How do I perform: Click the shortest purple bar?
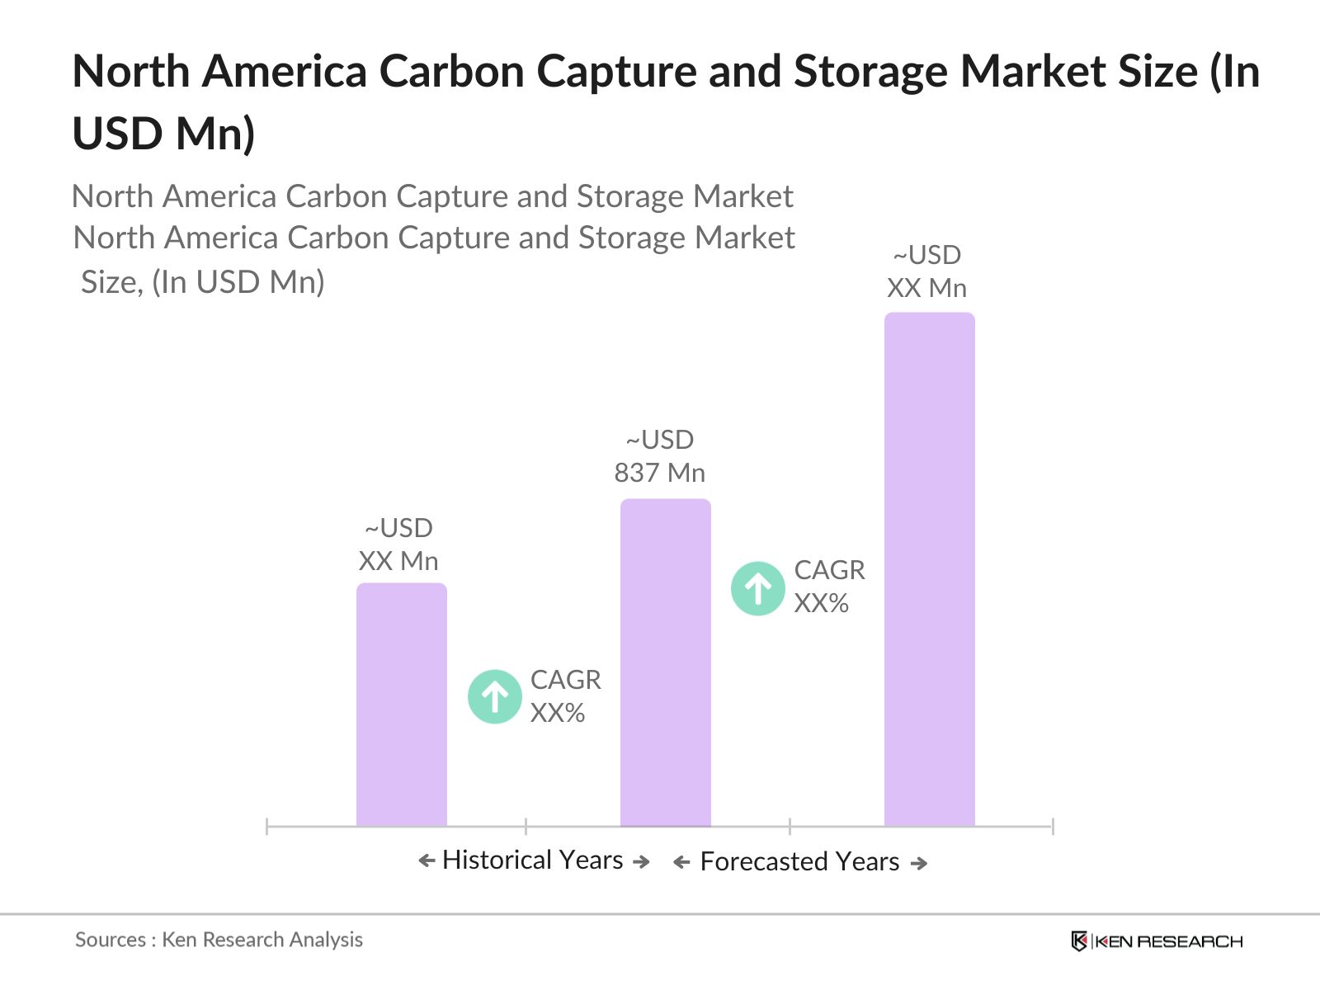(401, 705)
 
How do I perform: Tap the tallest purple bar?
(929, 569)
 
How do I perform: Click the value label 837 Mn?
(659, 473)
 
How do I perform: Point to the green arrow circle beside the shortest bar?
(495, 696)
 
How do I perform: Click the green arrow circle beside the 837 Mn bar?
(757, 588)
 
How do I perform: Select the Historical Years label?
(532, 860)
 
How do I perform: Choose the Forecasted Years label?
(799, 861)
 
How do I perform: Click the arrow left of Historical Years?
(427, 861)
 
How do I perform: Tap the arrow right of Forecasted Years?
(919, 863)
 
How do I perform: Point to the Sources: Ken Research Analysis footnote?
(219, 940)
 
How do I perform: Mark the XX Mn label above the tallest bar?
(926, 288)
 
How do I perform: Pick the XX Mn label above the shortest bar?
(398, 561)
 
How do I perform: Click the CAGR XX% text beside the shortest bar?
(565, 696)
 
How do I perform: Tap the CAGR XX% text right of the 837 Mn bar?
(828, 587)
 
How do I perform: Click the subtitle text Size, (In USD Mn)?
(203, 282)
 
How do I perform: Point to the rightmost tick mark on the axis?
(1053, 826)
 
